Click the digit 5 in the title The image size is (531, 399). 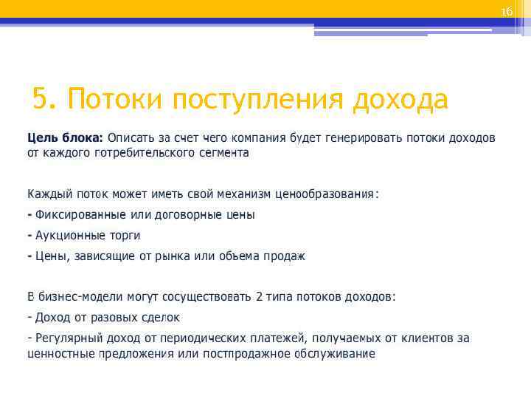point(40,98)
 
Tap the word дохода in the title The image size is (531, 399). point(400,98)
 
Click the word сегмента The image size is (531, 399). point(222,153)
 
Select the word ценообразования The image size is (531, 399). point(324,194)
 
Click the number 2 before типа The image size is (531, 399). point(259,297)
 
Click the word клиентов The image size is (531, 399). point(428,338)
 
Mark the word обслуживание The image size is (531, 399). point(335,353)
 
